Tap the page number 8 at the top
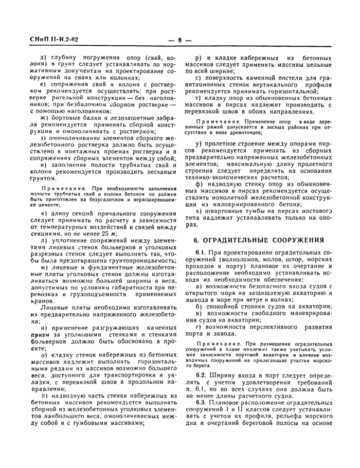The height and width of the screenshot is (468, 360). coord(181,40)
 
